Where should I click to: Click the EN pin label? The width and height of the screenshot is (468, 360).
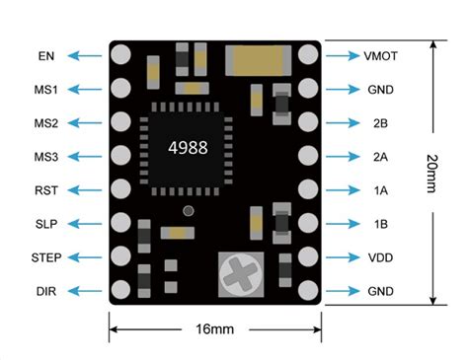coord(46,56)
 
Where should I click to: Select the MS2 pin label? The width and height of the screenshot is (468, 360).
coord(46,123)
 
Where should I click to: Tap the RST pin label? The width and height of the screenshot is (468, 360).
coord(46,190)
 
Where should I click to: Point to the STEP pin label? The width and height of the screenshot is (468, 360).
coord(46,257)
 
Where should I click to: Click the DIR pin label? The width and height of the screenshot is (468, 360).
coord(46,291)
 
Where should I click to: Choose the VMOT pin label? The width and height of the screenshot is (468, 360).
coord(381,56)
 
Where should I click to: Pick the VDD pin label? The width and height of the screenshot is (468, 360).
coord(381,257)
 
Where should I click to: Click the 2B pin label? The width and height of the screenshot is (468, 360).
coord(381,123)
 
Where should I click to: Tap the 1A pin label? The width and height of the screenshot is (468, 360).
coord(381,190)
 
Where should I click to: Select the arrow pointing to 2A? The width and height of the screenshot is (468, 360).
coord(341,157)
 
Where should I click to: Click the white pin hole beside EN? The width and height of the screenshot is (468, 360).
coord(122,56)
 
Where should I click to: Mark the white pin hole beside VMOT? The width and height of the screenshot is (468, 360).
coord(307,56)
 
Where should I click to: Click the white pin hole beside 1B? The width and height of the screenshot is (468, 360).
coord(307,224)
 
